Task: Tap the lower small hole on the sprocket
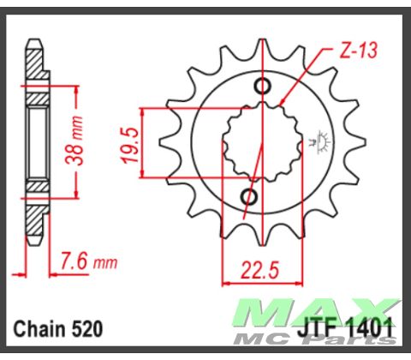(x=250, y=198)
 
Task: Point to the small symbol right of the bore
(x=324, y=140)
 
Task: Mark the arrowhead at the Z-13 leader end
(x=283, y=104)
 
